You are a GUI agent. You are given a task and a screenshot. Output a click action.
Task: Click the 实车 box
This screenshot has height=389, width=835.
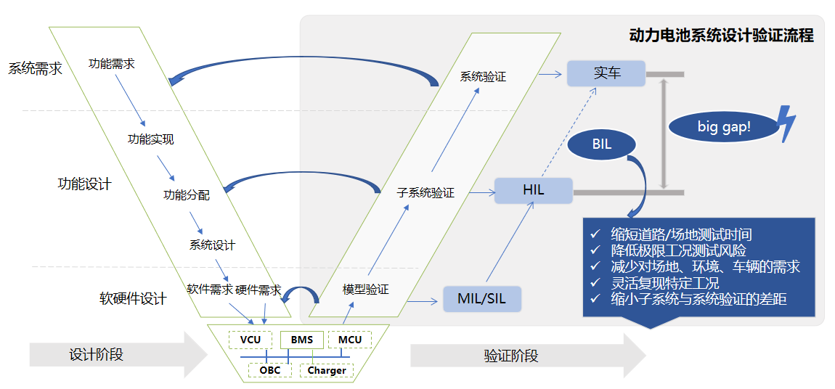coord(606,73)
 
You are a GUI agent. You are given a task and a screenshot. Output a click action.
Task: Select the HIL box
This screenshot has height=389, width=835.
coord(534,191)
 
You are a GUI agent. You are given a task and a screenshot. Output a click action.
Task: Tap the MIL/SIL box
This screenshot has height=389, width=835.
coord(482,298)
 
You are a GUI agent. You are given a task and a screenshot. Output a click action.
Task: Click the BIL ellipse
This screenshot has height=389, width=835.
coord(601,144)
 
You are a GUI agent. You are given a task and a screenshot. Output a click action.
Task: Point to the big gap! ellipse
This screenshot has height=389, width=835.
coord(723,127)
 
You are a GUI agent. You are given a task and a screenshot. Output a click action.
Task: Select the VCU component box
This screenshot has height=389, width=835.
coord(250,339)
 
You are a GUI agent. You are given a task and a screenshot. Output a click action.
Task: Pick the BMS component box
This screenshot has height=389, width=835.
coord(301,339)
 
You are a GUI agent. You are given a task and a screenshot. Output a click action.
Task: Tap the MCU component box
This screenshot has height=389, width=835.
coord(349,339)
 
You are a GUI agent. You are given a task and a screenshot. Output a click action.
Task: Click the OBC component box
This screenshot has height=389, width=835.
coord(269,370)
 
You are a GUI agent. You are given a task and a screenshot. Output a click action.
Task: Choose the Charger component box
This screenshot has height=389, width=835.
coord(327,370)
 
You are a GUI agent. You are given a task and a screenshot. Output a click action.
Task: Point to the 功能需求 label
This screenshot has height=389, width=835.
coord(111,64)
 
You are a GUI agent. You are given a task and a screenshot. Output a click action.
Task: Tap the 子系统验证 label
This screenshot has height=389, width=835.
coord(425,193)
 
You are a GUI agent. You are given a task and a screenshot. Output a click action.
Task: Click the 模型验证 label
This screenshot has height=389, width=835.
coord(365,289)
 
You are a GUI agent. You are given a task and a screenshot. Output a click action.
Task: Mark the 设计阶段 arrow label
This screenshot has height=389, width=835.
coord(97,355)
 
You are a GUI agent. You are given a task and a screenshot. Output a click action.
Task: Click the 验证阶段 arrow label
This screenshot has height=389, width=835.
coord(511,356)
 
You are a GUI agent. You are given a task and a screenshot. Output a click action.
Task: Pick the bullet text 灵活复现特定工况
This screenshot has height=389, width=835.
coord(665,282)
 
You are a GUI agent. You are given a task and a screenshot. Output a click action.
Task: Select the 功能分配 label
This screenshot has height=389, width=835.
coord(187,194)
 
